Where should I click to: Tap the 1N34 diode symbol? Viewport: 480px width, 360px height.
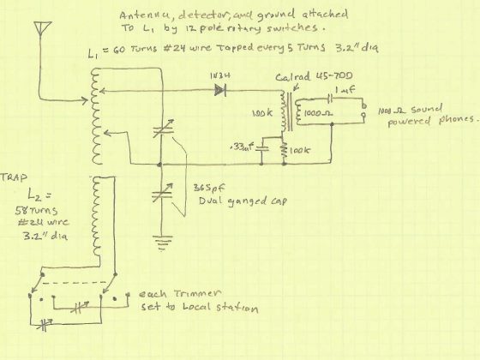[x=224, y=87]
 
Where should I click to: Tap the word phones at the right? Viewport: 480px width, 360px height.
[x=452, y=121]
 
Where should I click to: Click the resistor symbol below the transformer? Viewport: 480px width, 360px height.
[x=281, y=151]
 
